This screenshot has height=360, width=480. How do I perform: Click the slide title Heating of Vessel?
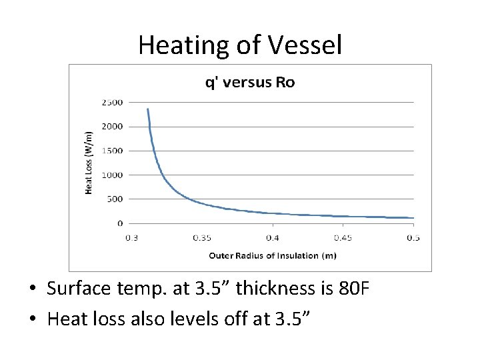pos(240,45)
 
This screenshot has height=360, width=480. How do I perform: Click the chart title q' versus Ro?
pos(249,83)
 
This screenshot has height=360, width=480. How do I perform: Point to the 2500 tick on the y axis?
pos(112,102)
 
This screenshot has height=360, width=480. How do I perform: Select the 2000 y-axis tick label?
pos(112,127)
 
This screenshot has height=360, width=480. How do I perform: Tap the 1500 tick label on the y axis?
pos(112,151)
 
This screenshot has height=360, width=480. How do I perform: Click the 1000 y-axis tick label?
pos(112,175)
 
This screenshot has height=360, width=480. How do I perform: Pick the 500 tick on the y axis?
pos(115,199)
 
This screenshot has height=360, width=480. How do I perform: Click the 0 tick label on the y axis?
pos(120,223)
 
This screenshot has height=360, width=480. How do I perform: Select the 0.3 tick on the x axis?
pos(132,238)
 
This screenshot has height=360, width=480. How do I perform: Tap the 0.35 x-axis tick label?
pos(202,238)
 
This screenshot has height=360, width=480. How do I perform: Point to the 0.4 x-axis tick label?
pos(273,238)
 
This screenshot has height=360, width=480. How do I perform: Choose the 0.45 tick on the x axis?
pos(343,238)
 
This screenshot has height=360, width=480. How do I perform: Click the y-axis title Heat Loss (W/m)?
pos(89,163)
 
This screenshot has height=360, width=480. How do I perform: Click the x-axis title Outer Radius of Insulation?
pos(272,255)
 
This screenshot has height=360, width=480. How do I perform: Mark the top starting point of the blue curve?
pos(147,109)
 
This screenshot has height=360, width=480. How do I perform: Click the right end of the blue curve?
pos(413,218)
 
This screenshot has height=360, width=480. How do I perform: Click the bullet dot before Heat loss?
pos(33,319)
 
